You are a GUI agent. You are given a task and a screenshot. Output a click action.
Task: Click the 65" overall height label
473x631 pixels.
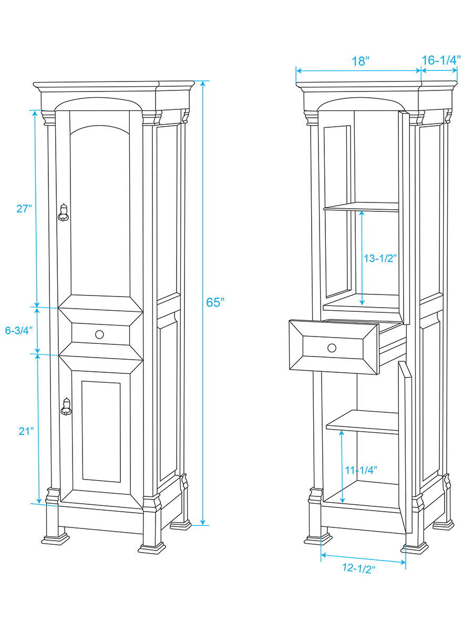pos(215,302)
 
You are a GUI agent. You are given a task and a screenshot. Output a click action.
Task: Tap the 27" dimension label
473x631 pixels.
pos(24,208)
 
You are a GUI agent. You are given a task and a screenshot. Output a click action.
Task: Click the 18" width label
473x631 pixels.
pos(361,61)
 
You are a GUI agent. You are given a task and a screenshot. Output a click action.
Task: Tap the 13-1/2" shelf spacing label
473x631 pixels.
pos(380,258)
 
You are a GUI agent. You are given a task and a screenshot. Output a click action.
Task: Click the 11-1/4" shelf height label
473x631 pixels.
pos(361,470)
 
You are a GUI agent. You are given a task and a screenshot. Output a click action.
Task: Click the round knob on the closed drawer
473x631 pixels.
pos(99,334)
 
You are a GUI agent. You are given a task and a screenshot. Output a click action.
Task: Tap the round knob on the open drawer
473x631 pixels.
pos(332,348)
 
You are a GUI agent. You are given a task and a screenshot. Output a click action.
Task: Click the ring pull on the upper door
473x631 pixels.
pos(63,213)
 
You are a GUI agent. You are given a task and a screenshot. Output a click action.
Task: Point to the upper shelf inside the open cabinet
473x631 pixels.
pos(361,207)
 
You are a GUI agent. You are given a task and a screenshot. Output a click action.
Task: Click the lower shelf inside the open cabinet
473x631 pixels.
pos(363,422)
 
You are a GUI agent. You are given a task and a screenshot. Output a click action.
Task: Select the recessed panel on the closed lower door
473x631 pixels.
pos(101,432)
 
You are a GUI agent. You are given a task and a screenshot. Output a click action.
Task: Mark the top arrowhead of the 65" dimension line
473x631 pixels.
pos(203,84)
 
